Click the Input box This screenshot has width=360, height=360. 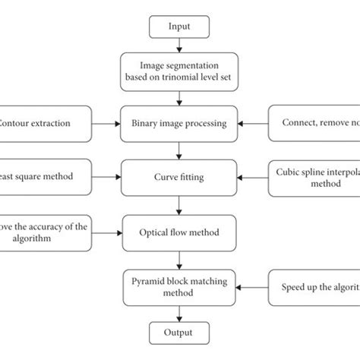click(179, 28)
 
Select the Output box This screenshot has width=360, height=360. click(179, 332)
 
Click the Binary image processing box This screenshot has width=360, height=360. click(179, 122)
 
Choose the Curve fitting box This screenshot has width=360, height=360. click(179, 176)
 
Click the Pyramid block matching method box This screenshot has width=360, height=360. click(179, 289)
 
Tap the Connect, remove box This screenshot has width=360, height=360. click(314, 122)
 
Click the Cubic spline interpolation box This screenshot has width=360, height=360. click(314, 176)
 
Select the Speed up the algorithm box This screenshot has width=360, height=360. click(314, 289)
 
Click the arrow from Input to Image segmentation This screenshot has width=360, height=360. click(179, 46)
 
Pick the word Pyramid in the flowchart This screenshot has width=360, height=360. click(147, 283)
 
